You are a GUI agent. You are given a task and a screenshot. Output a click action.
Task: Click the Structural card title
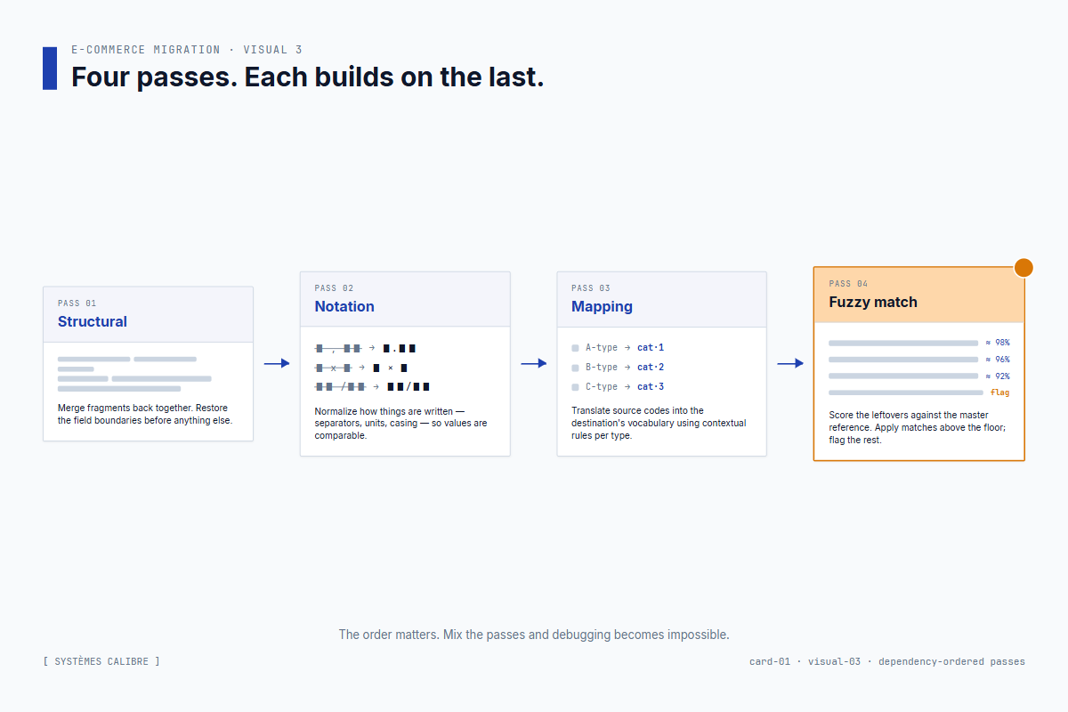(93, 321)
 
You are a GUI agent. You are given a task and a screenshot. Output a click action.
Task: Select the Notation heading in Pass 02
(344, 306)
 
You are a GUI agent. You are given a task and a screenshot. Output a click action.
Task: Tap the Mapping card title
(602, 306)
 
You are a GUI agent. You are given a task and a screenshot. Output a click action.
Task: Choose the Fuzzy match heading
(873, 302)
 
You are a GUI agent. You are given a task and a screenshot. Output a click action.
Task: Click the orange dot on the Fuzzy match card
(1023, 267)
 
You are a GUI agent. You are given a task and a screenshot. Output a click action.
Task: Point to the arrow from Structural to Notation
(277, 363)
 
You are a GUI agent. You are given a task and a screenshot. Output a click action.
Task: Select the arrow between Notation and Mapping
(533, 363)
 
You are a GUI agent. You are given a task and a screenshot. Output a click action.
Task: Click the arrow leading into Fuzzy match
(790, 363)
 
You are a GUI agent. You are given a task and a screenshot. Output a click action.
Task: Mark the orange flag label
(999, 392)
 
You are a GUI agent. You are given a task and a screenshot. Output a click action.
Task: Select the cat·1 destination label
(651, 347)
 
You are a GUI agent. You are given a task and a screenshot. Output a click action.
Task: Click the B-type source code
(602, 367)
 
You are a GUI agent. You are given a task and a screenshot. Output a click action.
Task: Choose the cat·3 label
(651, 386)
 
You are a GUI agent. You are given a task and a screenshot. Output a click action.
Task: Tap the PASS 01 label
(77, 303)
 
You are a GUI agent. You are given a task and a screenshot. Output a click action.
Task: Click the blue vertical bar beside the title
(50, 69)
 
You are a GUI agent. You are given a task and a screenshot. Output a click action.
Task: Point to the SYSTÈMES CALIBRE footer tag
(101, 661)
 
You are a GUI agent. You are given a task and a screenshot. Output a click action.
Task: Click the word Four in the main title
(101, 77)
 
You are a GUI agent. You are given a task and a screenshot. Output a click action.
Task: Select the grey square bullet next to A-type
(576, 348)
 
